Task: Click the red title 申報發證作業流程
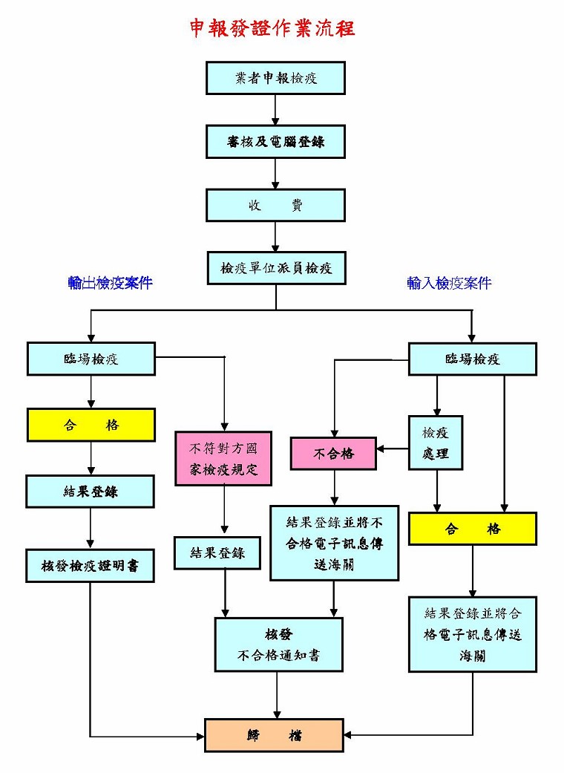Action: pos(272,28)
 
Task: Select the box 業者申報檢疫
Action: pos(275,78)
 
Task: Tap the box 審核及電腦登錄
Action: pos(275,142)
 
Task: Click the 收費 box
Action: pos(275,206)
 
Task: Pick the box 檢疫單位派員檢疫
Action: pos(275,268)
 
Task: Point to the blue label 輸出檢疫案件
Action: pos(110,283)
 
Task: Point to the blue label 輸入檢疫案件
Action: pos(449,283)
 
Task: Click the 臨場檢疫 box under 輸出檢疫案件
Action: pos(91,359)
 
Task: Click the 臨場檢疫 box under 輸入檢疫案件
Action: pos(473,359)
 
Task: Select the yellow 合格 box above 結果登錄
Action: pos(91,425)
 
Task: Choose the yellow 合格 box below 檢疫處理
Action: pos(473,529)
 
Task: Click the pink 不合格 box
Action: pos(333,454)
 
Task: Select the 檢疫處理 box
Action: pos(436,443)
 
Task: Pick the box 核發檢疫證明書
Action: pos(91,566)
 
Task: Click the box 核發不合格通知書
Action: pos(278,645)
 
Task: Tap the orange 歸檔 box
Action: pos(274,735)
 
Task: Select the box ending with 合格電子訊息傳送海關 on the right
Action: pos(473,634)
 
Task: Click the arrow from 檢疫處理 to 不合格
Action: pos(393,449)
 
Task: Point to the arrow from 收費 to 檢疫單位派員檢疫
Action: pos(275,238)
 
